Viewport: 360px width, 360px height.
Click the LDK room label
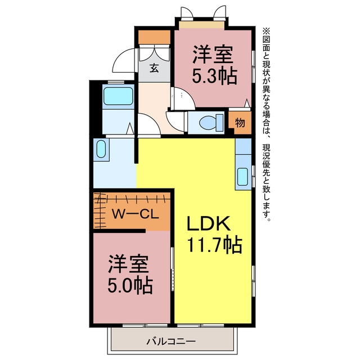[209, 223]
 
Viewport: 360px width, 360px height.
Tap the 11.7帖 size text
[215, 245]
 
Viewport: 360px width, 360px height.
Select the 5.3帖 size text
[214, 76]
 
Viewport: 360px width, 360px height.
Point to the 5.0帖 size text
[130, 286]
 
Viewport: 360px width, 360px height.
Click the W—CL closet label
[135, 215]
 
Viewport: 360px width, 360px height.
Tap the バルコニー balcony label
[171, 341]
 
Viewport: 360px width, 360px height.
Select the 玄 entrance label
[154, 68]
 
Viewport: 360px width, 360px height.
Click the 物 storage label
[240, 123]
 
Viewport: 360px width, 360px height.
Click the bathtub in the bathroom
[118, 96]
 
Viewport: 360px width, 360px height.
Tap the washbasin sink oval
[101, 149]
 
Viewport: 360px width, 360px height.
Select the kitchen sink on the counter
[242, 177]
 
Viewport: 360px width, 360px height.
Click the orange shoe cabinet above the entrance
[154, 37]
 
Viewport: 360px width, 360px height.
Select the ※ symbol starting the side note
[266, 31]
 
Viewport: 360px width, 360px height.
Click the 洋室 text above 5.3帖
[213, 55]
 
